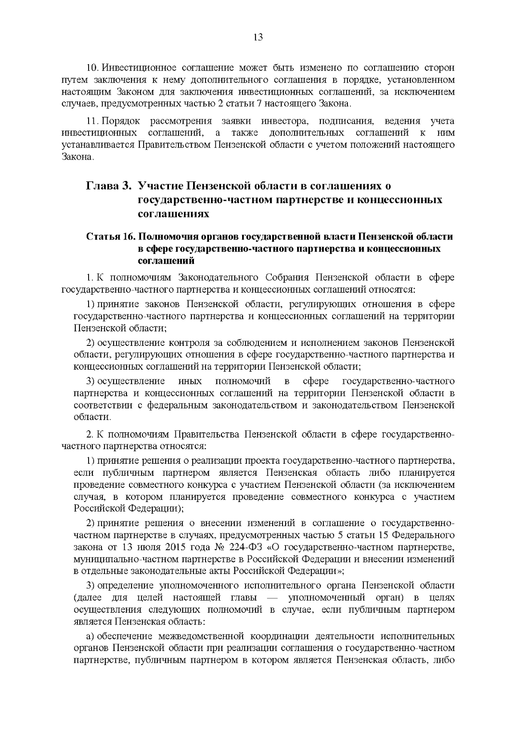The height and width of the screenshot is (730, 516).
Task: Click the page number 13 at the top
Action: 258,37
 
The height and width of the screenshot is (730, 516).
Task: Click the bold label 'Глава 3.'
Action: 108,186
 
